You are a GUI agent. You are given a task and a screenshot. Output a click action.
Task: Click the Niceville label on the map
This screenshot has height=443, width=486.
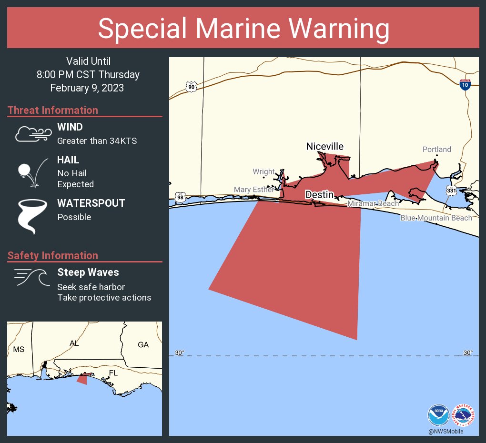point(324,146)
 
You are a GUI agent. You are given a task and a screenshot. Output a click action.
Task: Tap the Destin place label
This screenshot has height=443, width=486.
point(319,194)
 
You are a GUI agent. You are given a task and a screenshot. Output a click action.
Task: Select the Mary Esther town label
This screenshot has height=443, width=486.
point(254,190)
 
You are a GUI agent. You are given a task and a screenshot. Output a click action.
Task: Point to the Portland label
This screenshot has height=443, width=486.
point(436,150)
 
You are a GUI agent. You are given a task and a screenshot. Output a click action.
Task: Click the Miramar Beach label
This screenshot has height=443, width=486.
point(373,204)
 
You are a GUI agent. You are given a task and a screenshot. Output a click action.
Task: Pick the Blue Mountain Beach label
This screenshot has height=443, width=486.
point(436,218)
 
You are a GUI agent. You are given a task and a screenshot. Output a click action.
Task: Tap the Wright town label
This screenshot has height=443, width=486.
point(263,171)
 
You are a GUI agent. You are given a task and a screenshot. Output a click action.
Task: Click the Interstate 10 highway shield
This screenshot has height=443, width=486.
point(465,85)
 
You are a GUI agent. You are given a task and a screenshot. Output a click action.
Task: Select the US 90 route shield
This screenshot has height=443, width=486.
point(191,87)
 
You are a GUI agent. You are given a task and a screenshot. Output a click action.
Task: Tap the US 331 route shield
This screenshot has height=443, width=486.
point(451,191)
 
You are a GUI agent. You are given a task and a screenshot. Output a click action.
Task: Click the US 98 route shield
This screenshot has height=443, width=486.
point(180,197)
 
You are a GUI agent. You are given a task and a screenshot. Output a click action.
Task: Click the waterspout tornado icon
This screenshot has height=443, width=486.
point(32,216)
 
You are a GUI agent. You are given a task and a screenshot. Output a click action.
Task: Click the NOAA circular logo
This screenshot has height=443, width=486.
point(438,415)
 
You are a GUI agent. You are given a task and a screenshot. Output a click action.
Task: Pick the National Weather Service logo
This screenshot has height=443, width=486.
point(464,415)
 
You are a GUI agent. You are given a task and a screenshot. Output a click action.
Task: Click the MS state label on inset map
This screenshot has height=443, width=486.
point(19,349)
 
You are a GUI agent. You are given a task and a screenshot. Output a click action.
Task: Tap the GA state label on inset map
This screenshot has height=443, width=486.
point(143,345)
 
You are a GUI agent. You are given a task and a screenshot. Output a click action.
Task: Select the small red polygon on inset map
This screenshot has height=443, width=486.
point(82,379)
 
